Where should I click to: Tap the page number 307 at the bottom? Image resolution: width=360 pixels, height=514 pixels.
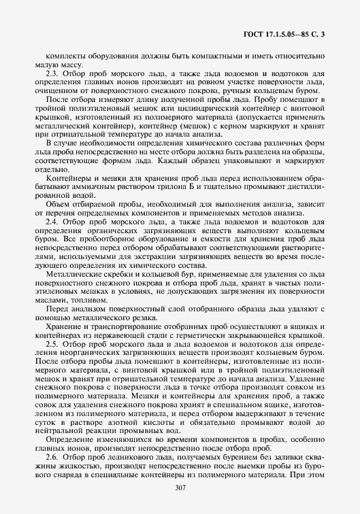(x=180, y=488)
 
